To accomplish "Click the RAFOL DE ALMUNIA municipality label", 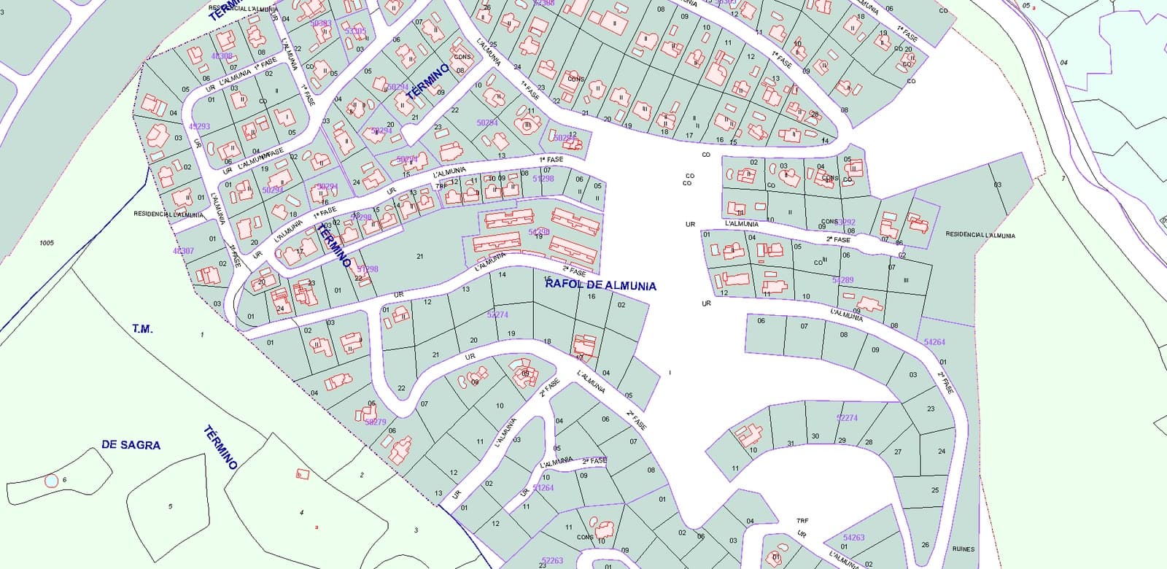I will click(x=600, y=286).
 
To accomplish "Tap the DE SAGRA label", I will click(x=131, y=445).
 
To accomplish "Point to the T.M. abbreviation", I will click(x=143, y=329).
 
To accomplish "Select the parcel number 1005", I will click(x=47, y=243).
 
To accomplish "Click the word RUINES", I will click(x=963, y=549).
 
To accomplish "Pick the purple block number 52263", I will click(x=552, y=560).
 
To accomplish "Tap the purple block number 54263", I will click(x=853, y=538).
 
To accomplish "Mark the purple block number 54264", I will click(x=934, y=342).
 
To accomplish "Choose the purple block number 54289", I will click(x=842, y=280).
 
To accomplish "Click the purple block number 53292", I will click(x=845, y=222).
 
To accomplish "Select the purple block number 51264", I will click(x=543, y=488).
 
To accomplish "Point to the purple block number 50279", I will click(x=375, y=422).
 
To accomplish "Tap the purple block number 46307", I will click(x=184, y=251).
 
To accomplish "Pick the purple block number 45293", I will click(x=199, y=126).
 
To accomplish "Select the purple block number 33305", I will click(x=355, y=31).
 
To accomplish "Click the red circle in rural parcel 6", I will click(x=50, y=481).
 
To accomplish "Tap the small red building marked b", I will click(x=302, y=474).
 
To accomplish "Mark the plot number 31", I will click(x=791, y=444).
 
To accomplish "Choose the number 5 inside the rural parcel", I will click(x=171, y=506).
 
